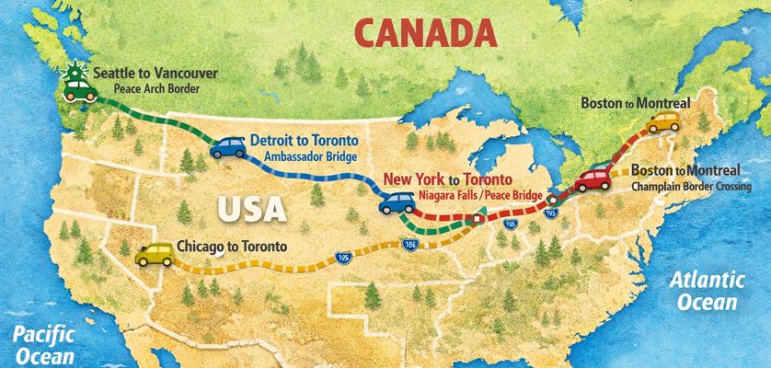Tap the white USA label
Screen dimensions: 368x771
coord(251,208)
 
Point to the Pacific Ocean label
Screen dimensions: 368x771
coord(38,343)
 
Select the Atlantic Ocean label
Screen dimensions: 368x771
coord(708,290)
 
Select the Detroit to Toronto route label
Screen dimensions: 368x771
coord(304,141)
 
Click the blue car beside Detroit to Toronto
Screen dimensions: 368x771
coord(227,147)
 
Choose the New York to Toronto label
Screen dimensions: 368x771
coord(448,178)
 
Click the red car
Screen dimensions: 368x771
coord(593,178)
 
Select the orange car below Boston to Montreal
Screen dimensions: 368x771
coord(661,122)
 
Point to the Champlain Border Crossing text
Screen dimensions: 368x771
coord(692,187)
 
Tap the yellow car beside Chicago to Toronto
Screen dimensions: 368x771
coord(154,253)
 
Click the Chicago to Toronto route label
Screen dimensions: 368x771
coord(231,246)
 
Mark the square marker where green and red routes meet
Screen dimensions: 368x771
coord(478,219)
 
